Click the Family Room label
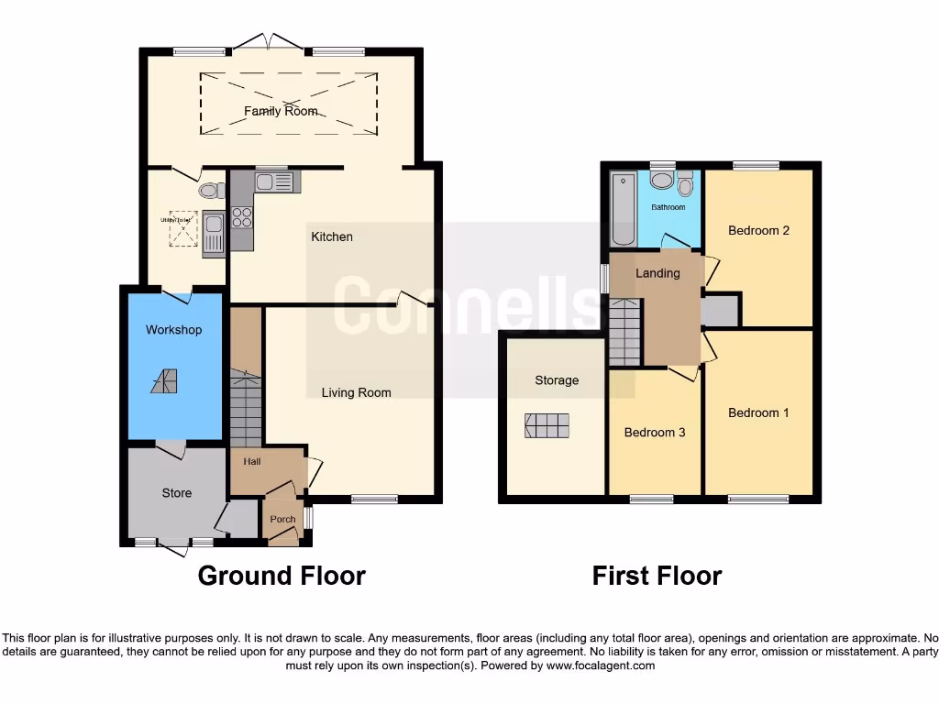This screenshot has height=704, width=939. coord(281,111)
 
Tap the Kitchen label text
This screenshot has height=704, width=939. coord(332,236)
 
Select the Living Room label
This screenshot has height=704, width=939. coord(356,392)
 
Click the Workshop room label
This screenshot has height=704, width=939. coord(173,329)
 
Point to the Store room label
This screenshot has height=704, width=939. coord(177,492)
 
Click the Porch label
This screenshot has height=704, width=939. coord(282,519)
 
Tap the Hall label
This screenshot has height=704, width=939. coord(251,462)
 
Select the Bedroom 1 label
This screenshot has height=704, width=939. coord(758,412)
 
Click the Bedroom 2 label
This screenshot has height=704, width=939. coord(758,230)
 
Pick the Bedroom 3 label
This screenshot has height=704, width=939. coord(655,432)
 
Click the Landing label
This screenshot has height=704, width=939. coord(657,272)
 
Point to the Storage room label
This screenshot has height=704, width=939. coord(557,379)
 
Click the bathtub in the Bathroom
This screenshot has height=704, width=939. coord(623,209)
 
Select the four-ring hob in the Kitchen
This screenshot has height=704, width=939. coord(242,217)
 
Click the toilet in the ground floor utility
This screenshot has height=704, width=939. coord(211,191)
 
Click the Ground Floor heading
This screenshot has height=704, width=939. coord(282,576)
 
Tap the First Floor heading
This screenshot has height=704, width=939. coord(657,576)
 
